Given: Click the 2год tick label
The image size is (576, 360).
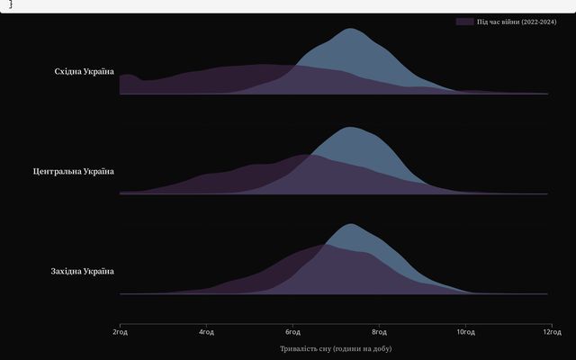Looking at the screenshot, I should (120, 332).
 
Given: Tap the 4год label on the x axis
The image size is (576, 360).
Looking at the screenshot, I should (206, 332).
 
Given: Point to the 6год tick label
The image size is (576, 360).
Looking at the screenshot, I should (292, 332).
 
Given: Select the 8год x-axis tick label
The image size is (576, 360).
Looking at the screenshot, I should (379, 332).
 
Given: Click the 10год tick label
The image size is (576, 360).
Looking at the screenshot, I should (465, 332).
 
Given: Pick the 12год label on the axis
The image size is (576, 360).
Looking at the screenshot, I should (550, 332).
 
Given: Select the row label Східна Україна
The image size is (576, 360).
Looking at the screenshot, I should (85, 71).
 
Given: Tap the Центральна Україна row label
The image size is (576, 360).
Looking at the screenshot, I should (74, 171).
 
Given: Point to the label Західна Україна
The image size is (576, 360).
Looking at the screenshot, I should (83, 271).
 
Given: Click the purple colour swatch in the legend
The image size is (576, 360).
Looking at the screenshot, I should (464, 21).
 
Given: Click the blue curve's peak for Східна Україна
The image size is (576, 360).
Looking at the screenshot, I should (349, 29).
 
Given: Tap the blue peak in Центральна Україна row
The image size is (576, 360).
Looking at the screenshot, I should (350, 127).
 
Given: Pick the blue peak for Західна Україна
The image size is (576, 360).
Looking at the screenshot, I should (351, 224).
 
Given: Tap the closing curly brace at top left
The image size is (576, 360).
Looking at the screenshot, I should (11, 4).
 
